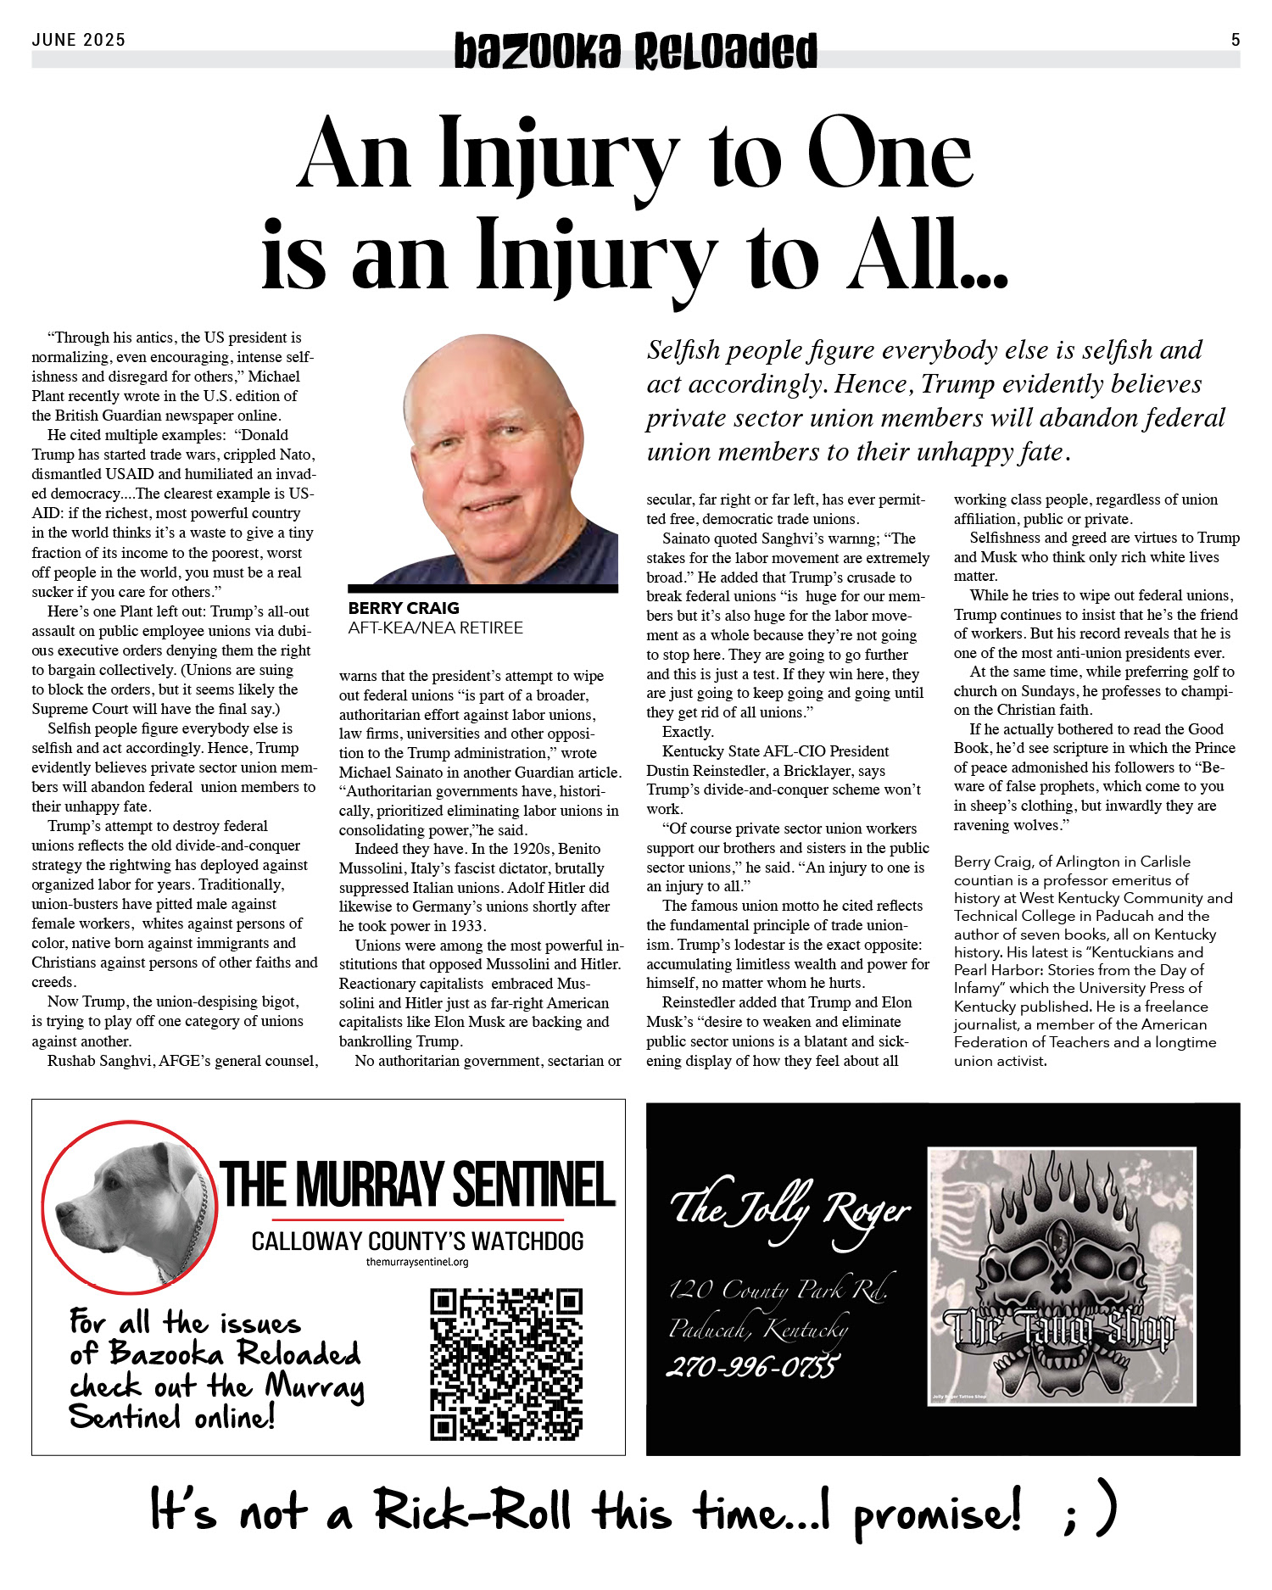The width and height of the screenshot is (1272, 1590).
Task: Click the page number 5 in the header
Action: [1236, 40]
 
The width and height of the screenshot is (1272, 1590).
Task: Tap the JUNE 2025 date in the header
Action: [79, 40]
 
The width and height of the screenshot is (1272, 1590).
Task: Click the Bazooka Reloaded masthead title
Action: [635, 51]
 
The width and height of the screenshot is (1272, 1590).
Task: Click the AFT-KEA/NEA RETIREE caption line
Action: [435, 628]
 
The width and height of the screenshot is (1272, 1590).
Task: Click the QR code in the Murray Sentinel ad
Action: [506, 1364]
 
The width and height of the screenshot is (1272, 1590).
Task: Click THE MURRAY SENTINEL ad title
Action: [417, 1186]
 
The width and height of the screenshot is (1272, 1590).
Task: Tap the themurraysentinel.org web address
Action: [417, 1262]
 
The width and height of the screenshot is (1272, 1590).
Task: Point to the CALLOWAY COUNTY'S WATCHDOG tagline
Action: [417, 1241]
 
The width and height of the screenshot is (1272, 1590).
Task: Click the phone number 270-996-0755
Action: [752, 1367]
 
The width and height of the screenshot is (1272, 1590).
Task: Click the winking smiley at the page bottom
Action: [1091, 1512]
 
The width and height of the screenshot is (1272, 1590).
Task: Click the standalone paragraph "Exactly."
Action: [688, 732]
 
